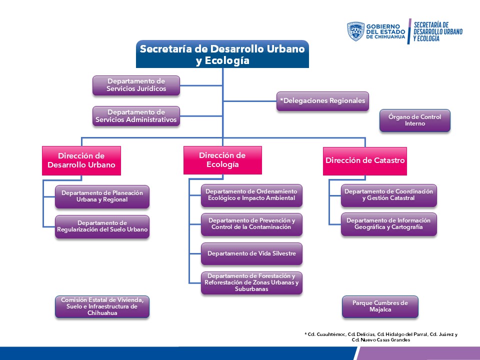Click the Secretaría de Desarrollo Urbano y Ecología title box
(x=222, y=54)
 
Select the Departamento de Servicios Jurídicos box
(x=136, y=85)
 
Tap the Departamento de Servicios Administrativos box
(x=136, y=116)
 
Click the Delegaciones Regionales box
(x=322, y=101)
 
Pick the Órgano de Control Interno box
(x=414, y=120)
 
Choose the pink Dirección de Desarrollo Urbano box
(x=81, y=160)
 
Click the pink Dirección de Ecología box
(x=222, y=160)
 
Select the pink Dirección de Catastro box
(x=365, y=161)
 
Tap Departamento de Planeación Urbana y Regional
(x=102, y=196)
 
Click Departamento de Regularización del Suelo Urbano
(x=102, y=226)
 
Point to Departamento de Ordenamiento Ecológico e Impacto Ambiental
(x=251, y=194)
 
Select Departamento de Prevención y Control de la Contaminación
(x=251, y=224)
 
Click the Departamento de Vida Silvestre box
(x=251, y=253)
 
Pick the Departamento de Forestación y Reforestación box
(x=251, y=283)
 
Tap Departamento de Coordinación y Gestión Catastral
(x=388, y=195)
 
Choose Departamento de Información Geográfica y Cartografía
(x=388, y=224)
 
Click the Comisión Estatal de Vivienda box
(x=102, y=306)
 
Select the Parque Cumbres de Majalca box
(x=380, y=306)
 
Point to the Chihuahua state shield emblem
(x=355, y=31)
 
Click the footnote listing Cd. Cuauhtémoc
(x=381, y=337)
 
